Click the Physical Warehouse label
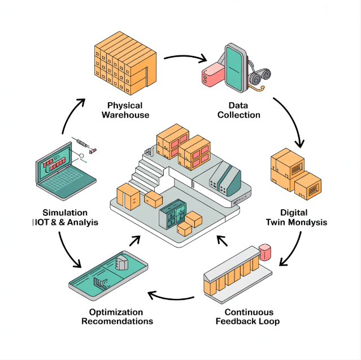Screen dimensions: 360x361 coord(125,110)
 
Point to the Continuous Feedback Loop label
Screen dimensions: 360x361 coord(249,317)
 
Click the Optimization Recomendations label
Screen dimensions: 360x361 coord(117,316)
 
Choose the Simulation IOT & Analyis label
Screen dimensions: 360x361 coord(66,218)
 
